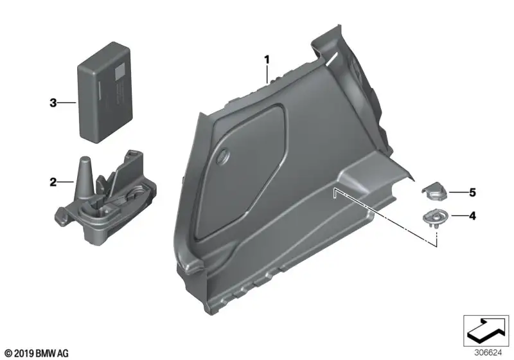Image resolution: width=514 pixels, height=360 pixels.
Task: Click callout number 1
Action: [267, 60]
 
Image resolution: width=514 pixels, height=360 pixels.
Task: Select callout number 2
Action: [53, 182]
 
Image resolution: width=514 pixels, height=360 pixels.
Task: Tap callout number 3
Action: [53, 103]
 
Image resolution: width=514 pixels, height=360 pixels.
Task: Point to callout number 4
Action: [472, 216]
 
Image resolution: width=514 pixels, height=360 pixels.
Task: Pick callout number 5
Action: [472, 192]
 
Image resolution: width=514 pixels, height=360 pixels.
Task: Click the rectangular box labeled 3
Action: [105, 92]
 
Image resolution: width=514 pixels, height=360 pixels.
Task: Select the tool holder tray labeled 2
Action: [105, 197]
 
